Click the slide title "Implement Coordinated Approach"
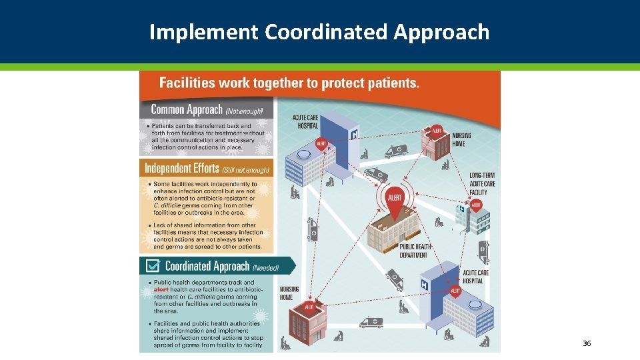pyautogui.click(x=319, y=31)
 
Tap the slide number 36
pyautogui.click(x=587, y=343)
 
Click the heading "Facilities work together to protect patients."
pyautogui.click(x=289, y=83)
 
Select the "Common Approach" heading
pyautogui.click(x=187, y=109)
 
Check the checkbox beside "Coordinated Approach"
pyautogui.click(x=153, y=266)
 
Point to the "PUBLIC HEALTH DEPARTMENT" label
pyautogui.click(x=413, y=251)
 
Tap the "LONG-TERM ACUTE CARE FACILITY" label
pyautogui.click(x=482, y=184)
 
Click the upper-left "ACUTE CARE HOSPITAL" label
pyautogui.click(x=306, y=122)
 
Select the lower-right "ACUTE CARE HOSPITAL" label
pyautogui.click(x=476, y=277)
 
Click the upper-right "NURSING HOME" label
pyautogui.click(x=461, y=139)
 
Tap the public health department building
pyautogui.click(x=399, y=230)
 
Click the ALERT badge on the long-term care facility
pyautogui.click(x=476, y=205)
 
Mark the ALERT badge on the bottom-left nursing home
pyautogui.click(x=309, y=307)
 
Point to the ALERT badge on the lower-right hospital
pyautogui.click(x=455, y=291)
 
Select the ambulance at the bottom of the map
pyautogui.click(x=371, y=323)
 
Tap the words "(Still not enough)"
pyautogui.click(x=246, y=169)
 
